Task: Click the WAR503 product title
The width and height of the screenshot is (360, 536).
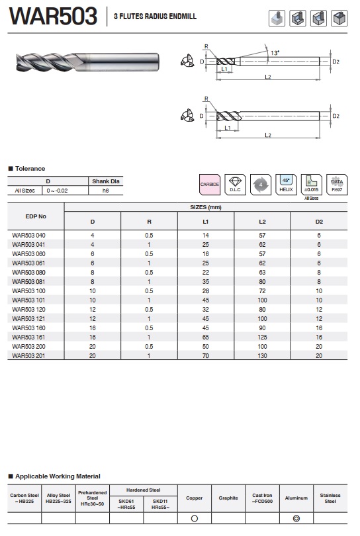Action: point(53,16)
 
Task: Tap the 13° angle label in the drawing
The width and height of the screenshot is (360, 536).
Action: point(275,53)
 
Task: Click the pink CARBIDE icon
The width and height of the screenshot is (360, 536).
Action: point(210,185)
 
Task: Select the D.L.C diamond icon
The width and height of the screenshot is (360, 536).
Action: point(235,185)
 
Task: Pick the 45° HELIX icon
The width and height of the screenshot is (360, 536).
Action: point(286,185)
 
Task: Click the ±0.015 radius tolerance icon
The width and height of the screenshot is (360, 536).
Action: point(312,185)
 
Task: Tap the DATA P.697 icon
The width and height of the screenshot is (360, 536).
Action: point(337,185)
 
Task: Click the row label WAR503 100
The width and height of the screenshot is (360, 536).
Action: point(28,291)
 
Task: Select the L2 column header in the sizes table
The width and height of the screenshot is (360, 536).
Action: point(262,222)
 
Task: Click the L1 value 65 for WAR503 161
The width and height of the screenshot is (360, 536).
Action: point(205,337)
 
